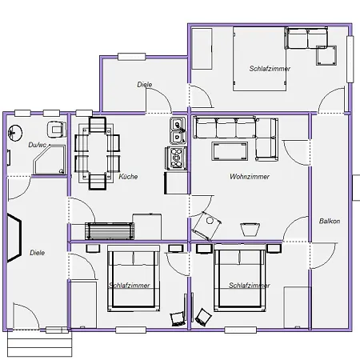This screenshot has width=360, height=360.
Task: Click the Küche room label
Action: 128,177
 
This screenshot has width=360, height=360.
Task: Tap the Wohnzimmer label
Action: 250,177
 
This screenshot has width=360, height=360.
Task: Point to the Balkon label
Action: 330,221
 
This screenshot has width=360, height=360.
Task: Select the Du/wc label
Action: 38,145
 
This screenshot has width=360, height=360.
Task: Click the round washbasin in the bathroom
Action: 15,133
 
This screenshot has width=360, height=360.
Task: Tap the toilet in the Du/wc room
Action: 57,130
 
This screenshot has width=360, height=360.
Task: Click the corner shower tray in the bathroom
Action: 50,159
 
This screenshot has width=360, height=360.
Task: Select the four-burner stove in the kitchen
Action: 176,158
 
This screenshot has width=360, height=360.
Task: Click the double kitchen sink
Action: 178,130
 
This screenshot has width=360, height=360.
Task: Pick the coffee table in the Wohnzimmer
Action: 230,151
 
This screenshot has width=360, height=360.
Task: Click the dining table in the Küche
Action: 98,153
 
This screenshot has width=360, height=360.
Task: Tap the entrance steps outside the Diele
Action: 40,343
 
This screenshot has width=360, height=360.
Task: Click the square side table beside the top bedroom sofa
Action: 326,55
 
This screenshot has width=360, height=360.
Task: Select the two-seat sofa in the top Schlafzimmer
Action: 307,38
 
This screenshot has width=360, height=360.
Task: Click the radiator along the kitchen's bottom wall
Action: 110,231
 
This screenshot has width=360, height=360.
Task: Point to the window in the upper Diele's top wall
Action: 132,57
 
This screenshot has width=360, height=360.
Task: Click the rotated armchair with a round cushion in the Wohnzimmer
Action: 206,226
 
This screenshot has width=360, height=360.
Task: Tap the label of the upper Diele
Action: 145,85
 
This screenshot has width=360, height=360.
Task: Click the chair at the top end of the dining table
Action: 98,125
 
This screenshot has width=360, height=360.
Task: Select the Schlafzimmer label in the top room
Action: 270,69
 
